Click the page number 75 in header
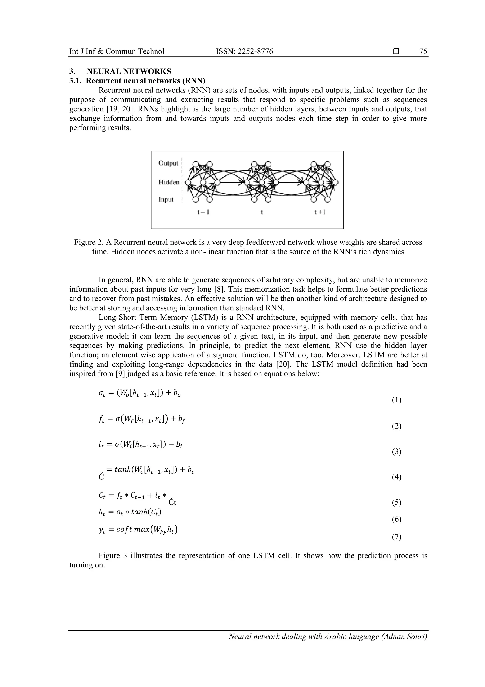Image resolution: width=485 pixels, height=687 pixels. click(423, 51)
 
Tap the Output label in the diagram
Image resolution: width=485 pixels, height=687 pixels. click(168, 163)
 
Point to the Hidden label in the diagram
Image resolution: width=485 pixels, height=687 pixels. click(169, 182)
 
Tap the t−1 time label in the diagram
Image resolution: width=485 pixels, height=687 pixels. click(203, 212)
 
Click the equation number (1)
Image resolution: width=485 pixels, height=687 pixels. click(396, 400)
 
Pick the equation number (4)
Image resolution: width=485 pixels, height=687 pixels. click(396, 477)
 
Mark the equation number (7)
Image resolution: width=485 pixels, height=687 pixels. click(396, 537)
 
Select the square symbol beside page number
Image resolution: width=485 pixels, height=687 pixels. click(396, 51)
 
